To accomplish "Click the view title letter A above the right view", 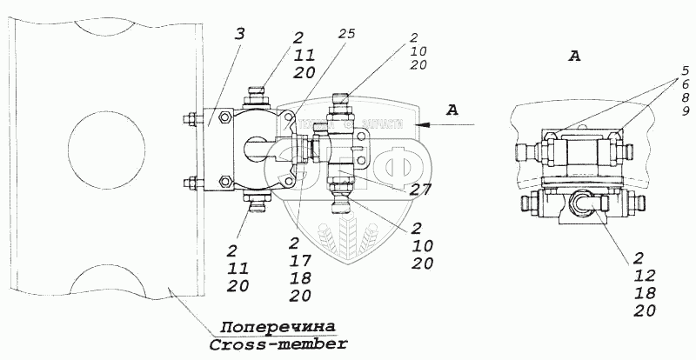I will [x=573, y=57].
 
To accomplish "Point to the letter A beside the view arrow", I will [x=451, y=110].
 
